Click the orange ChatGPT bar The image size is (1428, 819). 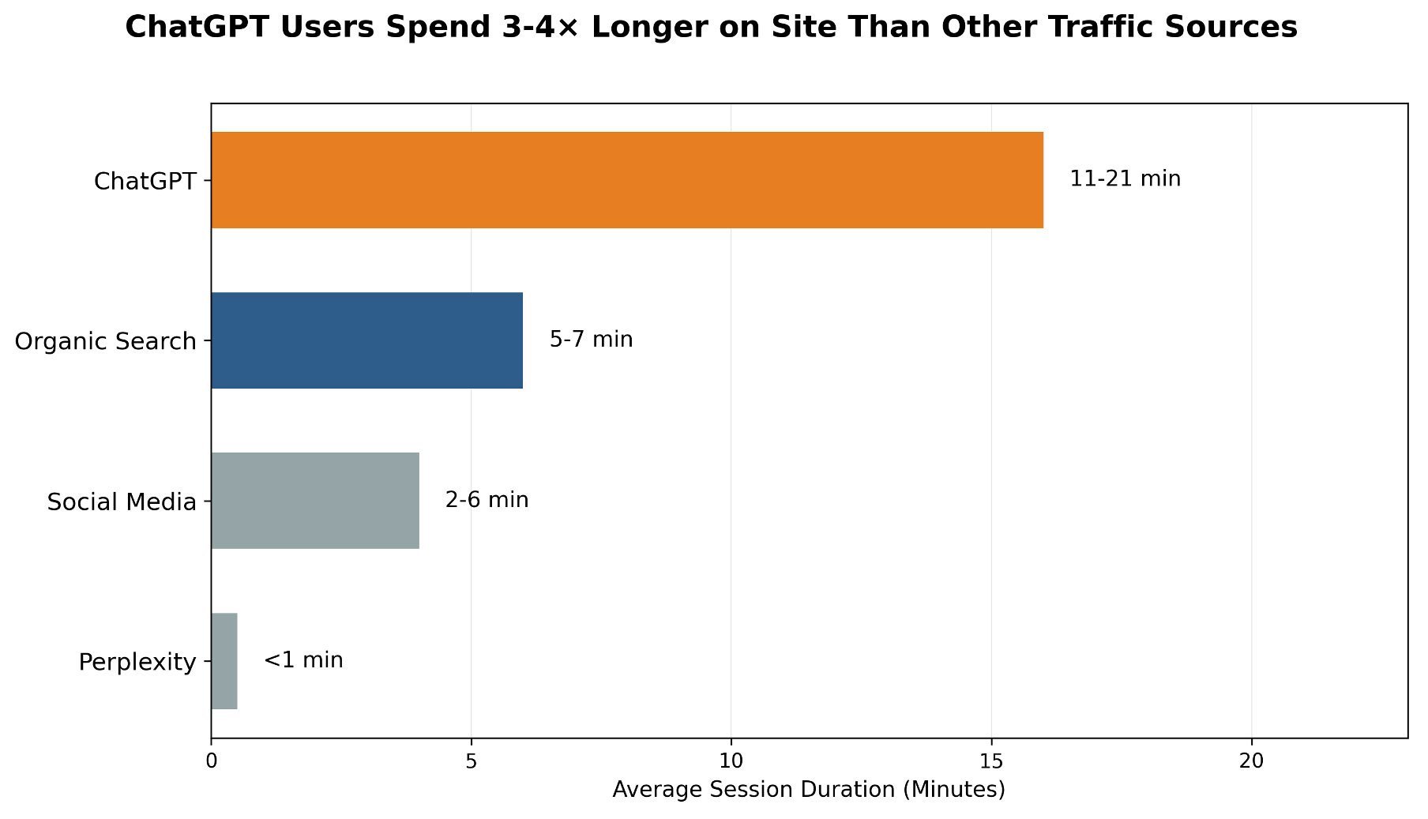(626, 180)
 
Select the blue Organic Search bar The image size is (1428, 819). (366, 340)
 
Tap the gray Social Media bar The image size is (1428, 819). (314, 501)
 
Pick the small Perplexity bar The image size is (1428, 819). (224, 661)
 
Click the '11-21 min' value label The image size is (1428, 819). (1125, 179)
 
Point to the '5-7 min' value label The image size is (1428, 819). (591, 340)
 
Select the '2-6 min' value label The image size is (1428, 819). (487, 500)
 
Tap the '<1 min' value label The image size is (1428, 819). (303, 660)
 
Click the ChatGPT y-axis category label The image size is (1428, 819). (145, 182)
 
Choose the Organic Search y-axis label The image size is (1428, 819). (105, 342)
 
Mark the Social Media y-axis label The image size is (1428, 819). (121, 502)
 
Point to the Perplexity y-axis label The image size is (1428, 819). (137, 663)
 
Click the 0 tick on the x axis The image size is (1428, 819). (211, 761)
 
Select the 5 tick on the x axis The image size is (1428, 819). (471, 761)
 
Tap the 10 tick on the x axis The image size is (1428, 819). (731, 761)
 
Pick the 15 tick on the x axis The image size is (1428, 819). (991, 761)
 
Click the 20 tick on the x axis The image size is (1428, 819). (1251, 761)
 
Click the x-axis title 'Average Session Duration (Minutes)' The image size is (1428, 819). (809, 790)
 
